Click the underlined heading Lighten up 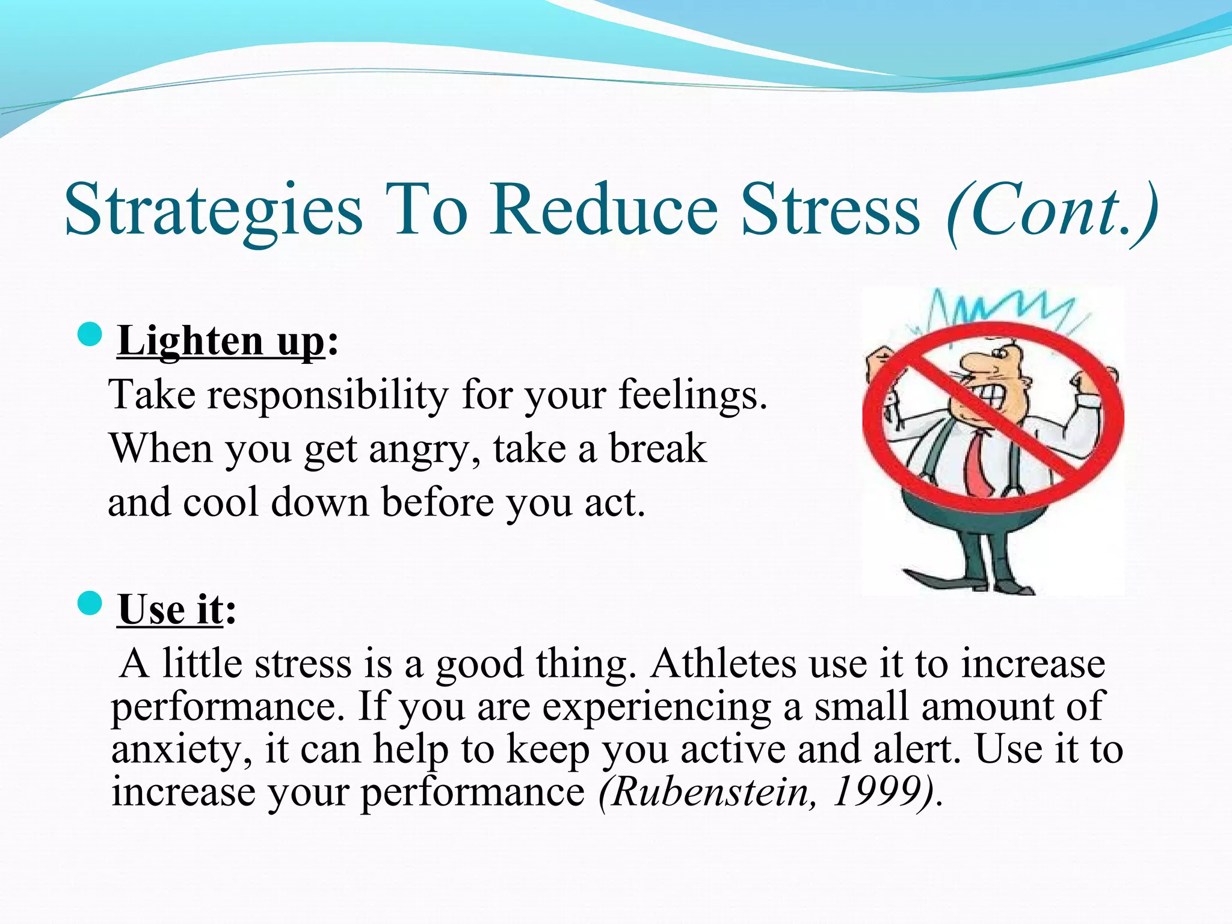[221, 341]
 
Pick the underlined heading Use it [170, 610]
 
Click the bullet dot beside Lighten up [90, 334]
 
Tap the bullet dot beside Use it [90, 603]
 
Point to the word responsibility [328, 395]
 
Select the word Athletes [722, 664]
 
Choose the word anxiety [180, 751]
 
